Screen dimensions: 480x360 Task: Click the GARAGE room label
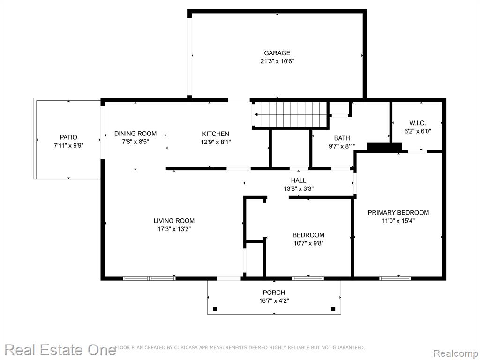pyautogui.click(x=277, y=53)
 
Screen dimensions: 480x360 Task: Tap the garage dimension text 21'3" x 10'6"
pyautogui.click(x=277, y=61)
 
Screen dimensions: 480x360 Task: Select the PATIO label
pyautogui.click(x=68, y=137)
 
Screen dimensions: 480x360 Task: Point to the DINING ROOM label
pyautogui.click(x=135, y=134)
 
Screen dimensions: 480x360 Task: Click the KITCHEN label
pyautogui.click(x=216, y=134)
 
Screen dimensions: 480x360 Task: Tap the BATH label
pyautogui.click(x=342, y=138)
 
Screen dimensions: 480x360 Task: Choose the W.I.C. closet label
pyautogui.click(x=418, y=123)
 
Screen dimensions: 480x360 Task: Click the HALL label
pyautogui.click(x=299, y=180)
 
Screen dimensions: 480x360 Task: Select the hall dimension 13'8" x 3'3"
pyautogui.click(x=299, y=189)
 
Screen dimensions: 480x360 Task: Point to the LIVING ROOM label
pyautogui.click(x=174, y=221)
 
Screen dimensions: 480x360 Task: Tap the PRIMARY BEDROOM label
pyautogui.click(x=398, y=212)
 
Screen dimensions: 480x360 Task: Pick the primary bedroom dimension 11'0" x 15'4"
pyautogui.click(x=398, y=221)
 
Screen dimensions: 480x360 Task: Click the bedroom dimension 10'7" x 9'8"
pyautogui.click(x=308, y=243)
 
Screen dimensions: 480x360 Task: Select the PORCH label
pyautogui.click(x=274, y=292)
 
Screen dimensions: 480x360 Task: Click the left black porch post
pyautogui.click(x=215, y=309)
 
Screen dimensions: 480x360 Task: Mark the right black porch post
pyautogui.click(x=333, y=309)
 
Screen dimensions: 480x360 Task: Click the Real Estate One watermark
pyautogui.click(x=60, y=350)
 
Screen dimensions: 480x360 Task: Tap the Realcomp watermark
pyautogui.click(x=456, y=353)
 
